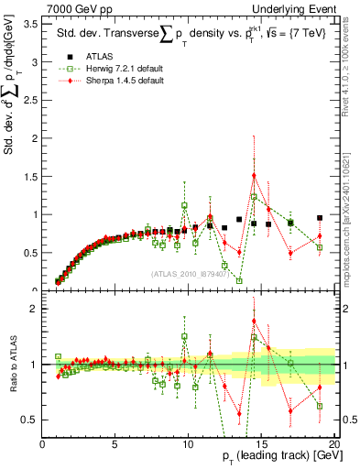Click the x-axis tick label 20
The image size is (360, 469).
coord(333,444)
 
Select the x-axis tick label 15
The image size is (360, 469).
coord(261,444)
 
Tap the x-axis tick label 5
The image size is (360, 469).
coord(115,444)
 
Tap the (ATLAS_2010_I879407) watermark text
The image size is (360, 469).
coord(190,275)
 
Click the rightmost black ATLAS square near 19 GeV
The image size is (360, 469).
coord(319,218)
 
